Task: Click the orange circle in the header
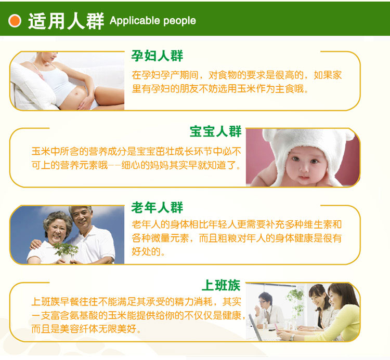tap(15, 21)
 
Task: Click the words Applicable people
tap(153, 21)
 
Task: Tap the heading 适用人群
tap(66, 21)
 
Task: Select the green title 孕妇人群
tap(157, 56)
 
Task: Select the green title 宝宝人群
tap(216, 131)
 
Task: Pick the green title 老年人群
tap(157, 207)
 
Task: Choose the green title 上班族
tap(221, 285)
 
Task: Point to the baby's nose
tap(304, 169)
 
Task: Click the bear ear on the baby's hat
tap(270, 136)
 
